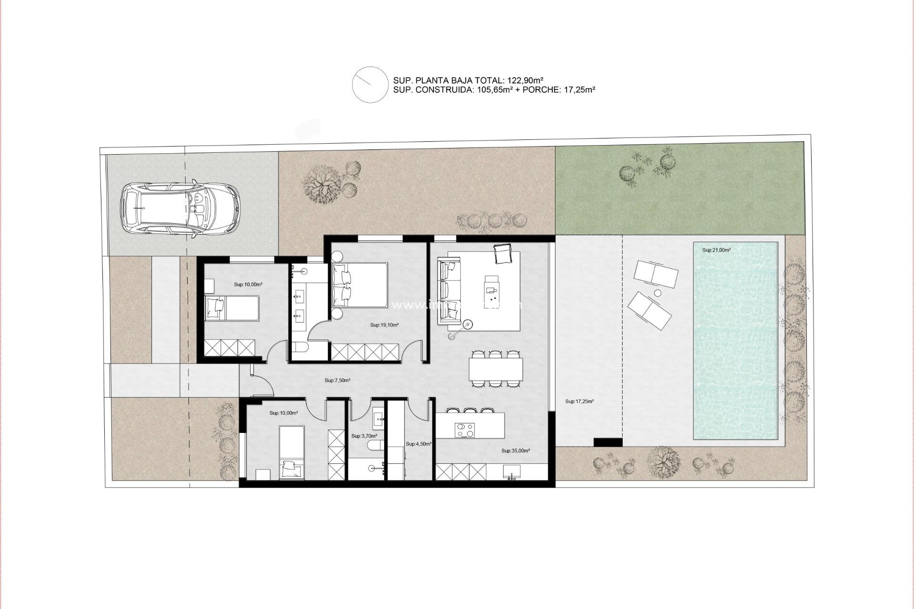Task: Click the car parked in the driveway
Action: tap(180, 209)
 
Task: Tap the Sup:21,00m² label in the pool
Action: tap(716, 250)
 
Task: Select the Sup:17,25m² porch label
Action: tap(579, 402)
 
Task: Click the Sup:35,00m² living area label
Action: tap(516, 451)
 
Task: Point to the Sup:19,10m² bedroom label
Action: tap(384, 325)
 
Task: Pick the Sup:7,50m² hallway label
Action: tap(338, 381)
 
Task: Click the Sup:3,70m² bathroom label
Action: tap(364, 436)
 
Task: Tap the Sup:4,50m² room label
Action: tap(418, 444)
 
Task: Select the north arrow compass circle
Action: tap(370, 85)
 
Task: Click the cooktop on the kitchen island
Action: tap(465, 430)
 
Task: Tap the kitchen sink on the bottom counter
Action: tap(512, 472)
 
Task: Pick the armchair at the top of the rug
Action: tap(503, 253)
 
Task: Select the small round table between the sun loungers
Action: tap(657, 293)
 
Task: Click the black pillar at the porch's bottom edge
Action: tap(608, 442)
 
